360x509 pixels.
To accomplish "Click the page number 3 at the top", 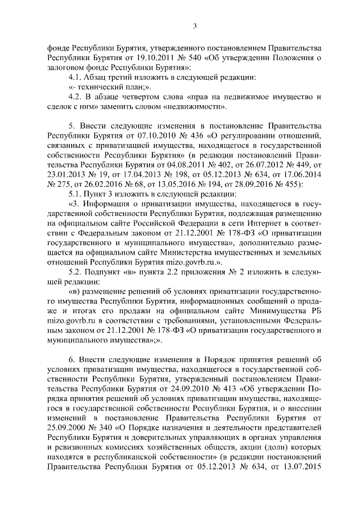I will click(194, 25).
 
